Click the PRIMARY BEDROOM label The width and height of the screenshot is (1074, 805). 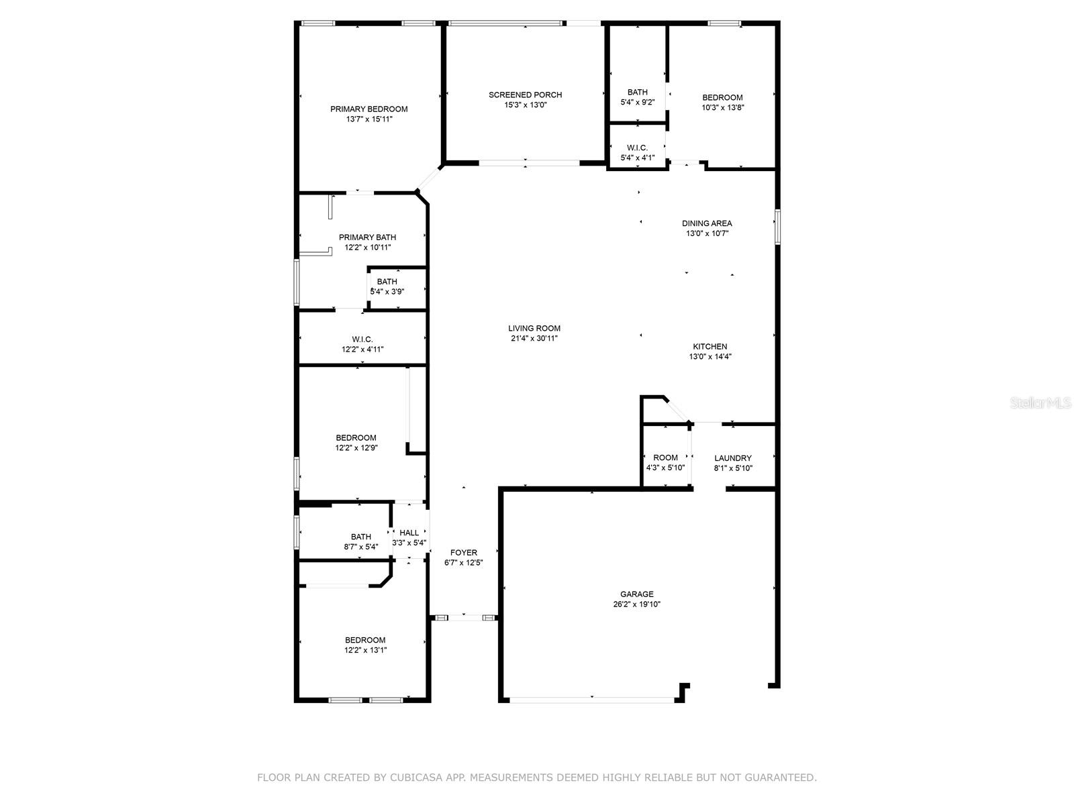pyautogui.click(x=369, y=109)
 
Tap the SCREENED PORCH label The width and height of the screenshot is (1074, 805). pyautogui.click(x=525, y=95)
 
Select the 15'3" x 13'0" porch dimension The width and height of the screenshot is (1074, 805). pyautogui.click(x=525, y=105)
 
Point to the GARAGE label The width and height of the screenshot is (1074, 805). pyautogui.click(x=636, y=594)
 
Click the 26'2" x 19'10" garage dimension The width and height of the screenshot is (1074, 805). pyautogui.click(x=636, y=604)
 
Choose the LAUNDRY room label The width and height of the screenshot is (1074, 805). pyautogui.click(x=732, y=458)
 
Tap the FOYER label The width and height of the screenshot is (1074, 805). pyautogui.click(x=463, y=553)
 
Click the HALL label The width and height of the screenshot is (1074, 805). pyautogui.click(x=409, y=533)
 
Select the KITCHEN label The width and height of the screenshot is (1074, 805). pyautogui.click(x=710, y=347)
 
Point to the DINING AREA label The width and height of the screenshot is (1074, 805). pyautogui.click(x=707, y=223)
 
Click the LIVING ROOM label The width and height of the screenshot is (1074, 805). pyautogui.click(x=534, y=329)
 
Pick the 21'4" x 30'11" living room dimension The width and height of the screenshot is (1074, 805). pyautogui.click(x=534, y=339)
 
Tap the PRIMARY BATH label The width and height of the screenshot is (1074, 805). pyautogui.click(x=367, y=237)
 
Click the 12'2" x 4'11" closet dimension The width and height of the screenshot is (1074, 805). pyautogui.click(x=362, y=350)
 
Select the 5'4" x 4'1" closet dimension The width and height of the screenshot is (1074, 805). pyautogui.click(x=637, y=158)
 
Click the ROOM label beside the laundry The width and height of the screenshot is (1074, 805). pyautogui.click(x=665, y=458)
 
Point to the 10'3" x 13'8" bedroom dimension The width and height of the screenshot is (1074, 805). pyautogui.click(x=723, y=107)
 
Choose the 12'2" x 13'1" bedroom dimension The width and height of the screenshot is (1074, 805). pyautogui.click(x=365, y=651)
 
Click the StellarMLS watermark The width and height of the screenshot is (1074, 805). pyautogui.click(x=1040, y=402)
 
